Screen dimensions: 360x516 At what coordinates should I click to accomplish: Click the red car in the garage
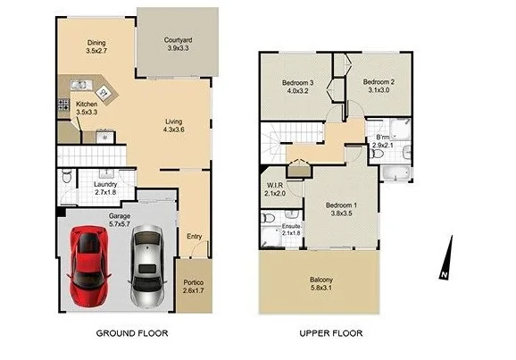tap(89, 264)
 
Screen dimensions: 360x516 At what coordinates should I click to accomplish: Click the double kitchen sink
tap(79, 86)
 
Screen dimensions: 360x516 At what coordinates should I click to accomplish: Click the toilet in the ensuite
tap(268, 217)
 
